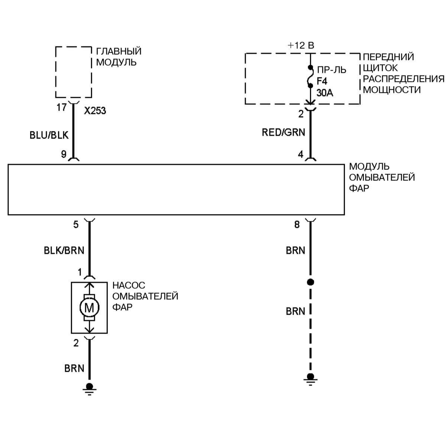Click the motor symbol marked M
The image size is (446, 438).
89,307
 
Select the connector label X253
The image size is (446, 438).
95,111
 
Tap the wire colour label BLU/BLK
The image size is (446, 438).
49,135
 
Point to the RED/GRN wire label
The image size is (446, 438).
283,133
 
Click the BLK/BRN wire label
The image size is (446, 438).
64,251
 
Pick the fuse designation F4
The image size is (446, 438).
322,81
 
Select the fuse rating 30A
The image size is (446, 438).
325,93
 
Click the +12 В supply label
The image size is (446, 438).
301,46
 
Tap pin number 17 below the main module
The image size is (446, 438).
61,108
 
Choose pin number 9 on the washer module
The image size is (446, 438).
64,154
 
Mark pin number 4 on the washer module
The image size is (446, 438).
301,154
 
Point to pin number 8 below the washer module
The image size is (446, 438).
297,225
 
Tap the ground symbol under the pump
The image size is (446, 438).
89,388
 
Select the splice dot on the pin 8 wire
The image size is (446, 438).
311,282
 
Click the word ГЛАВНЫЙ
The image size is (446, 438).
119,51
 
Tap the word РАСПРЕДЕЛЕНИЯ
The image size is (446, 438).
403,79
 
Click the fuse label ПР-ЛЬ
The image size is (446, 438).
332,70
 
